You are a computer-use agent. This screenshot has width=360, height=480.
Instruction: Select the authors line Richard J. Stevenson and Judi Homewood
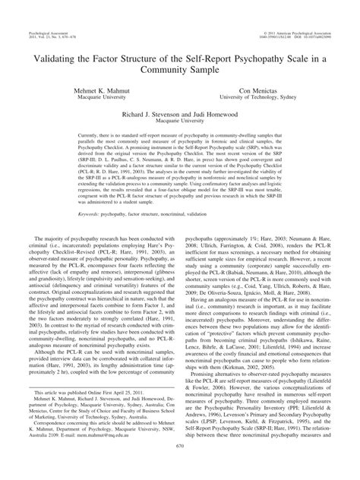tap(179, 120)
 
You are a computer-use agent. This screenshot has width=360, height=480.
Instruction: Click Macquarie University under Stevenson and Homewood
tap(179, 128)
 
